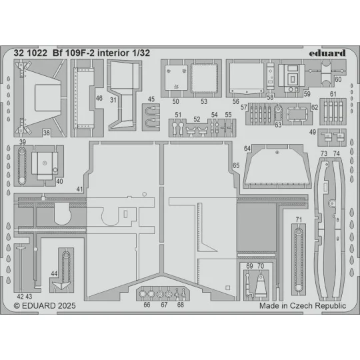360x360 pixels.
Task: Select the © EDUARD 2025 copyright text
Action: click(44, 305)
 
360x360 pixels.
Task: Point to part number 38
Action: click(47, 133)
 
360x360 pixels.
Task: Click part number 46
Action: click(99, 97)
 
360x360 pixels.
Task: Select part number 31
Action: click(114, 100)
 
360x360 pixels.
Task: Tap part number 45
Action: click(151, 100)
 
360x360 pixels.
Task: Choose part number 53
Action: click(205, 102)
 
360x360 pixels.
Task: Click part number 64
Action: click(247, 148)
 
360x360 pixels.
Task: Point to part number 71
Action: click(299, 219)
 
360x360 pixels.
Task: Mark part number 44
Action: click(54, 274)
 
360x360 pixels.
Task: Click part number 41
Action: click(79, 190)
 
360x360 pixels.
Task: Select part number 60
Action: click(338, 79)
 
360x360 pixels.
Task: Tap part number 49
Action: click(313, 132)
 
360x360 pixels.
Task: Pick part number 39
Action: click(23, 142)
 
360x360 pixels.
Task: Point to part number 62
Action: click(315, 106)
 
